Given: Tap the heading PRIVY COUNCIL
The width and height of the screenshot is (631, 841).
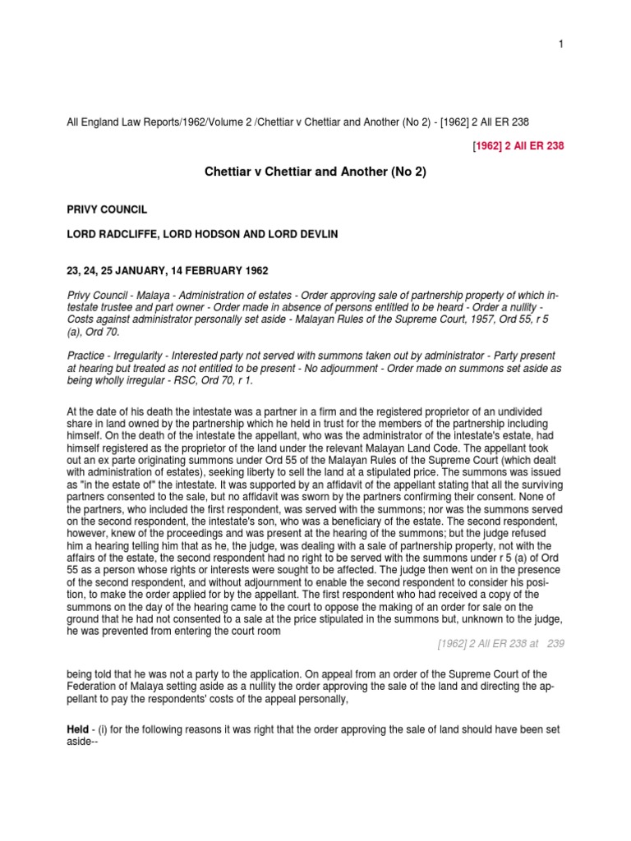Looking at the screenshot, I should coord(107,210).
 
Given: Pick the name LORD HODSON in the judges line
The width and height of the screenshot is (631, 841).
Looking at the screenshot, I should coord(205,235).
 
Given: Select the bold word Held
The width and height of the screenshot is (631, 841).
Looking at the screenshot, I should coord(77,730).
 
